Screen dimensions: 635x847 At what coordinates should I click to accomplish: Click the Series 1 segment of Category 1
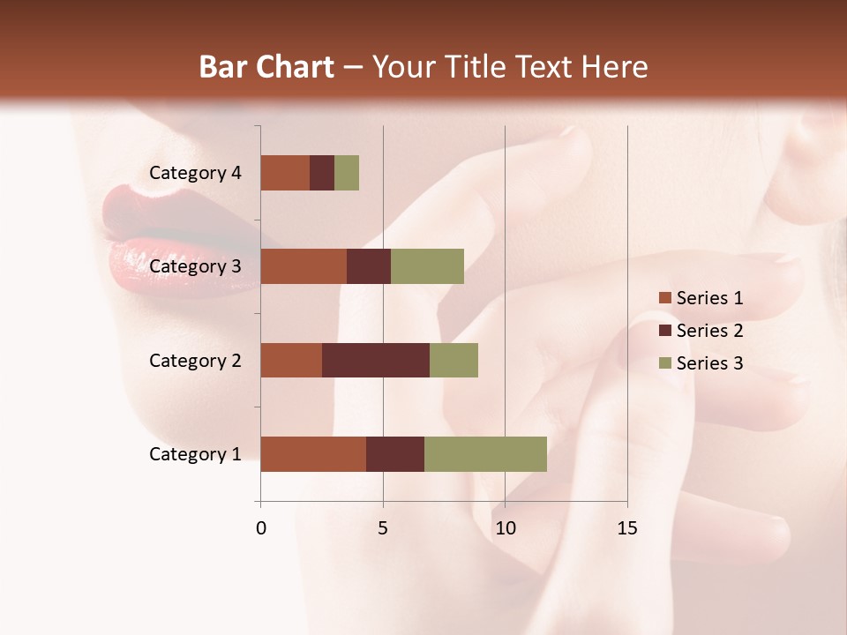point(313,454)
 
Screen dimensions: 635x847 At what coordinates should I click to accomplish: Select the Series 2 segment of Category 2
point(376,360)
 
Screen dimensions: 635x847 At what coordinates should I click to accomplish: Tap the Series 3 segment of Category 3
point(427,266)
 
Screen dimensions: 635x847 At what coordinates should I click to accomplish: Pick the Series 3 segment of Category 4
point(347,173)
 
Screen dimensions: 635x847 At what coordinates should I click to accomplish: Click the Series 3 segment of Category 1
point(485,454)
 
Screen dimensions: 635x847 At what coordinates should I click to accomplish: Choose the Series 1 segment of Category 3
point(304,266)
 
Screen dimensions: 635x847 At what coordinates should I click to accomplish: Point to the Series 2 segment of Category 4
point(322,173)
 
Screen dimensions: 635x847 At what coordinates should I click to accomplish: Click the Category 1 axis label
point(195,454)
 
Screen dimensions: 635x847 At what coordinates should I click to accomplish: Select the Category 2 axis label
point(195,360)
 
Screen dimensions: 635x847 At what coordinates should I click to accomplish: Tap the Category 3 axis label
point(195,266)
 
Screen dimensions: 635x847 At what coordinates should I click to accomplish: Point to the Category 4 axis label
point(195,173)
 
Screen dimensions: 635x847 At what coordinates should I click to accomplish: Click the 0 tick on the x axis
point(261,528)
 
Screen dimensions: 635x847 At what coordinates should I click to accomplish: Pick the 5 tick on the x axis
point(383,528)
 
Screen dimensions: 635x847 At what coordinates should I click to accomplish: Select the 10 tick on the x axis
point(505,528)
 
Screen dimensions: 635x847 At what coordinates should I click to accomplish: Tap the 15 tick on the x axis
point(627,528)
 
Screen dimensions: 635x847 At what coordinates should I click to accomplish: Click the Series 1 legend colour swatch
point(664,298)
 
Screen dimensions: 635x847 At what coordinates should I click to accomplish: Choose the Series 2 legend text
point(709,331)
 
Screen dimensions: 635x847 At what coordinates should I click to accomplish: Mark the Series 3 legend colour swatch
point(664,363)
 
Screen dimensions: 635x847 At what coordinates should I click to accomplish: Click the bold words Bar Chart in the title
point(266,67)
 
